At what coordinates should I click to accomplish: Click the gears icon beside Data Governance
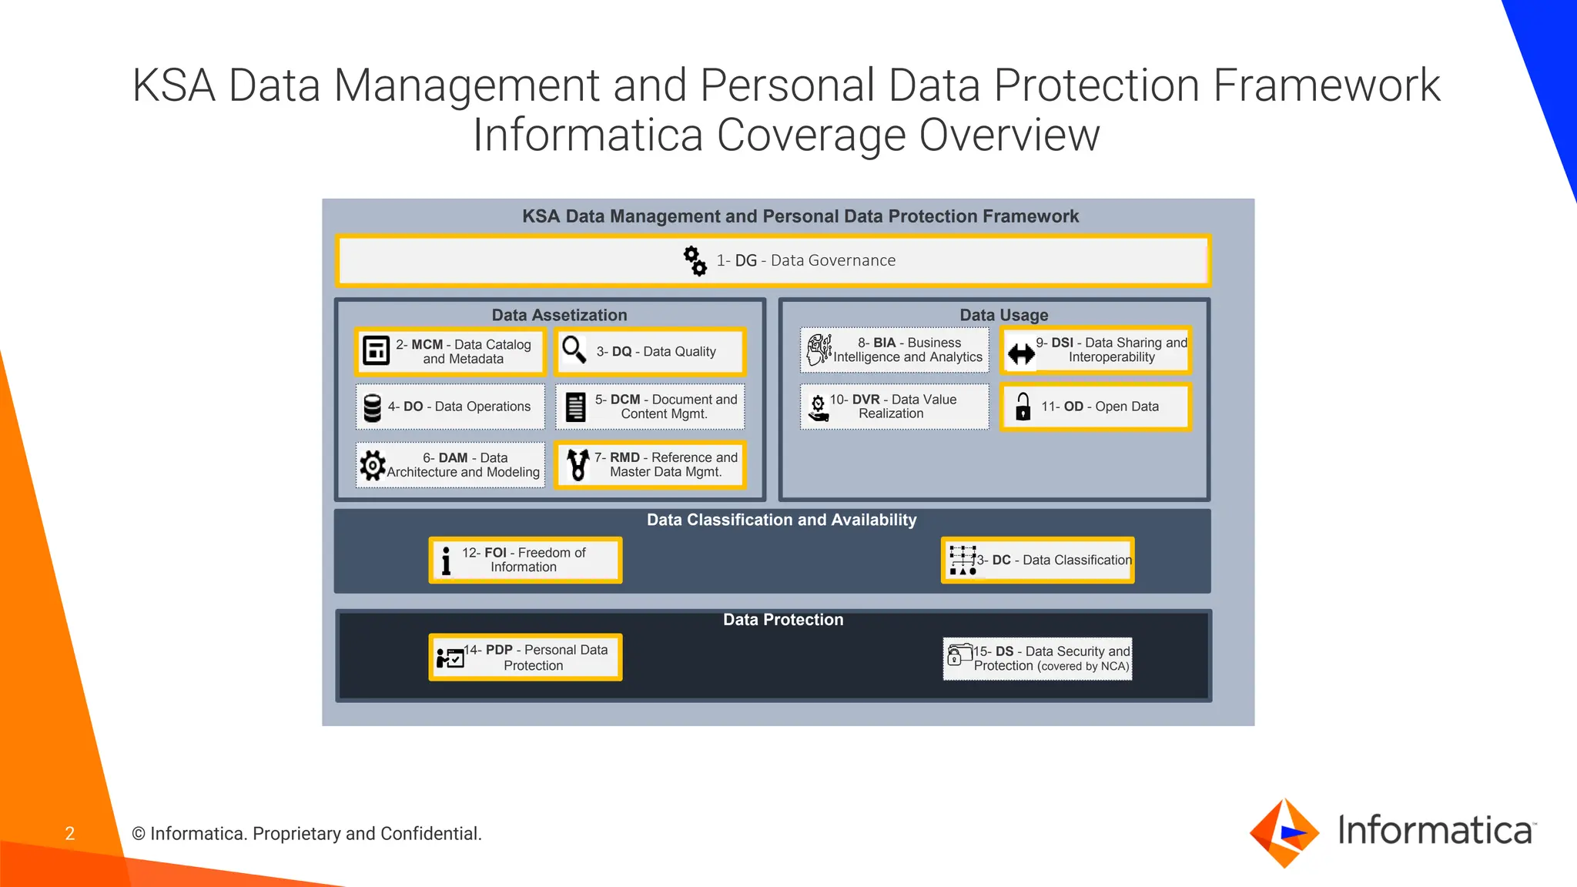695,261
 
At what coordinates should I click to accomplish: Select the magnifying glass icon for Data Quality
574,350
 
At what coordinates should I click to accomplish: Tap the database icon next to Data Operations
373,408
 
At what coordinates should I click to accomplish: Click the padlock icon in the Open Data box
1023,407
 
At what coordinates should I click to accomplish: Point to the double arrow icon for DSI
1021,354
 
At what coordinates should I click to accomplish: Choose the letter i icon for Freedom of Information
446,561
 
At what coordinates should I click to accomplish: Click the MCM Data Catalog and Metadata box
450,352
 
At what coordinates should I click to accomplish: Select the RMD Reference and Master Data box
651,465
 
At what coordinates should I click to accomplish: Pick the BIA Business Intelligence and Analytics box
895,350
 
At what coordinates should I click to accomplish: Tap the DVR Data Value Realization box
895,407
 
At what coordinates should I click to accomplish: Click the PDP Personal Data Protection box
525,658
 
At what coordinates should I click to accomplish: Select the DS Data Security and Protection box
1037,658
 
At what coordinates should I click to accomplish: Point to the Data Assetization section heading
559,315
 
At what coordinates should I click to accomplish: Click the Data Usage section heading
1003,315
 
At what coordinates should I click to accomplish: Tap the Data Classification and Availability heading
782,520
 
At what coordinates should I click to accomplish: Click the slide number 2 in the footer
70,834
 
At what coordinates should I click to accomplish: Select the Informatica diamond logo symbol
1284,833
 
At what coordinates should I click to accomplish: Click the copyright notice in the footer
306,834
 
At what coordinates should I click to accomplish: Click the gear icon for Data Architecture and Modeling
373,465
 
